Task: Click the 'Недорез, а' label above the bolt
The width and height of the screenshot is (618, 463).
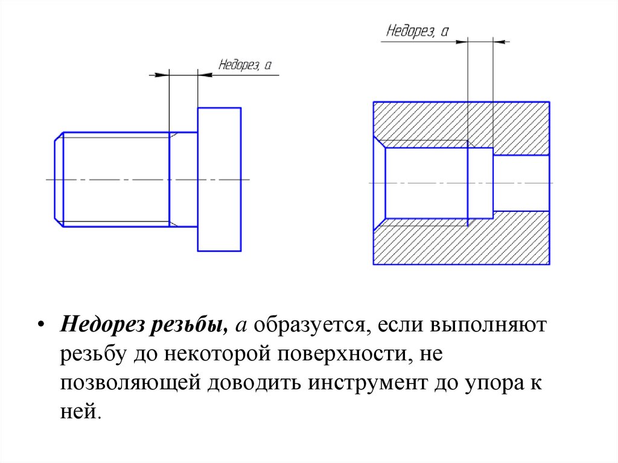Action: click(244, 65)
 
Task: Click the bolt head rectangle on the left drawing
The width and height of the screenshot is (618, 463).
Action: click(219, 179)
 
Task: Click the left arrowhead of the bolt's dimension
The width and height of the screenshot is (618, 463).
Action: click(161, 75)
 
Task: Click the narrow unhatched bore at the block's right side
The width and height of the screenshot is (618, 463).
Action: click(521, 182)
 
